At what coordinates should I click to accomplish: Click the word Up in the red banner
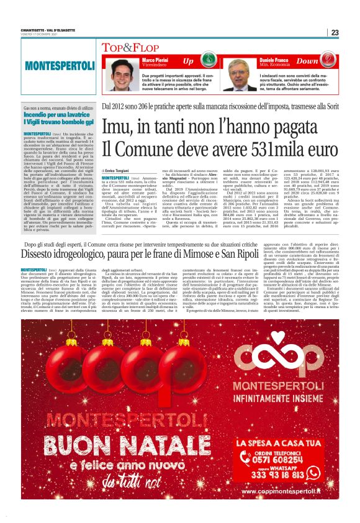tap(188, 61)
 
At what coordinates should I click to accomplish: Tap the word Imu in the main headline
tap(119, 127)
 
